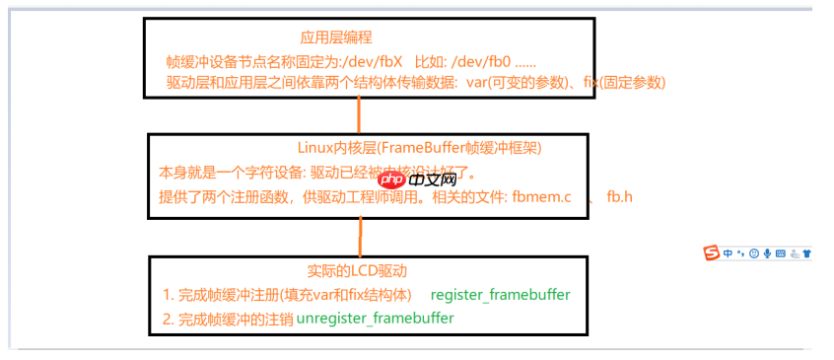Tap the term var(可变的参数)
535,83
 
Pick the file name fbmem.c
541,195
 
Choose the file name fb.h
619,195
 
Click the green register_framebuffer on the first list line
501,294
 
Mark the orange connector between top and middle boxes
360,115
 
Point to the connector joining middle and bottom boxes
360,236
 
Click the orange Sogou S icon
712,252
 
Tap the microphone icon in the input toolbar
767,253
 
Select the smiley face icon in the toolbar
754,253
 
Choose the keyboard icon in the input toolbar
781,253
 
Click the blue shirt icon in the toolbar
806,253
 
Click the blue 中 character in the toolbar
728,253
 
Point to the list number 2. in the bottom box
168,319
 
